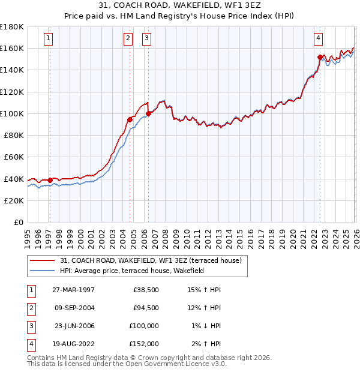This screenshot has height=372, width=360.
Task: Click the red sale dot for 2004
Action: (x=130, y=119)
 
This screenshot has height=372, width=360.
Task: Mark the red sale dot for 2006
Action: (x=148, y=113)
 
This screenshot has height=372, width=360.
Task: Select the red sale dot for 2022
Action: (x=320, y=57)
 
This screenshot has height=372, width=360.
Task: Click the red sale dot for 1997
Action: (x=50, y=180)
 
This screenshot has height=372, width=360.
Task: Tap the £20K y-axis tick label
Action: (x=14, y=200)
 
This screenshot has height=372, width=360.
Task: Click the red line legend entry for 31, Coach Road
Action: (x=150, y=260)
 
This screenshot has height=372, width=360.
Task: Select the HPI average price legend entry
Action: (x=132, y=271)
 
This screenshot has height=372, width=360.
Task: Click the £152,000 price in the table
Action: (x=145, y=344)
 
